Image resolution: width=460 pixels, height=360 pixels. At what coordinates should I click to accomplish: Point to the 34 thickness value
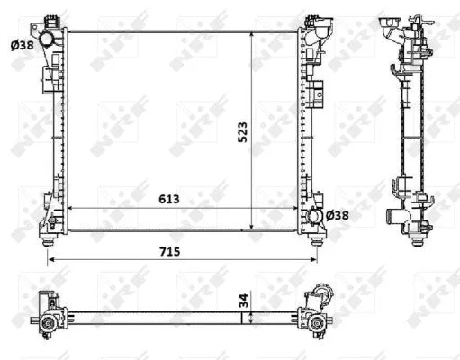(x=242, y=302)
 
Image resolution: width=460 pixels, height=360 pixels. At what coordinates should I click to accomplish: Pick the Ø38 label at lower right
(x=337, y=215)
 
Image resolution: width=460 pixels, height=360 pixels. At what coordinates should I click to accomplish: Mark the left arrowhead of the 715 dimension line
(x=49, y=260)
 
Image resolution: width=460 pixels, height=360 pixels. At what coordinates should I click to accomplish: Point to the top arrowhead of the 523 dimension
(x=251, y=33)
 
